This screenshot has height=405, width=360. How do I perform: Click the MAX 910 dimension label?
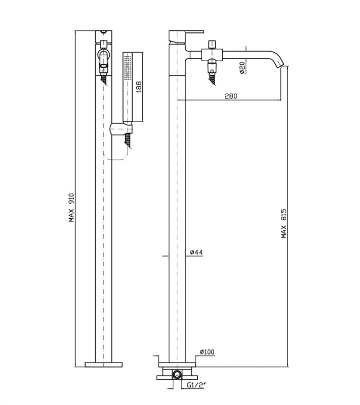click(x=71, y=208)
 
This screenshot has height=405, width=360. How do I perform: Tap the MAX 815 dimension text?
click(x=284, y=223)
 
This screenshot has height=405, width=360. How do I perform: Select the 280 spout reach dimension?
click(x=230, y=96)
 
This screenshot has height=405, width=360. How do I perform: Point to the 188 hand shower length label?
click(x=139, y=87)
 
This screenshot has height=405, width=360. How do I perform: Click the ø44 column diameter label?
click(x=196, y=252)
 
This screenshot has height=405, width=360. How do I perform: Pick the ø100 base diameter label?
click(x=207, y=352)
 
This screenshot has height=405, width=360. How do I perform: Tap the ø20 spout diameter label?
click(x=242, y=68)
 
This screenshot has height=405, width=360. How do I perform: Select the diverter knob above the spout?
click(x=212, y=44)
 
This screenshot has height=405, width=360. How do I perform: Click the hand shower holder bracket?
click(x=121, y=129)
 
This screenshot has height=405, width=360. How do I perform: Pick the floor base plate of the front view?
click(x=104, y=364)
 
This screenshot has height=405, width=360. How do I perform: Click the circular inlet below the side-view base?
click(x=177, y=374)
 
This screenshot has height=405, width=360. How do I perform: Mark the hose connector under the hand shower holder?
click(x=128, y=141)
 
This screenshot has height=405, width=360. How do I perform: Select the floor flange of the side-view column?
click(x=177, y=364)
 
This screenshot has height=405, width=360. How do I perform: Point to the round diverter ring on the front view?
click(x=104, y=55)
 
